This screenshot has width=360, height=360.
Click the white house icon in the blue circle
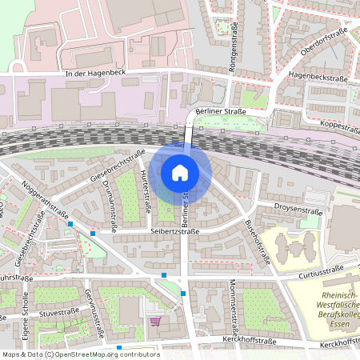coord(179,172)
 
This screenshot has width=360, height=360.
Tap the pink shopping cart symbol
coord(154,321)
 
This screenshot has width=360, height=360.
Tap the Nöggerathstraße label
coord(44,199)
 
